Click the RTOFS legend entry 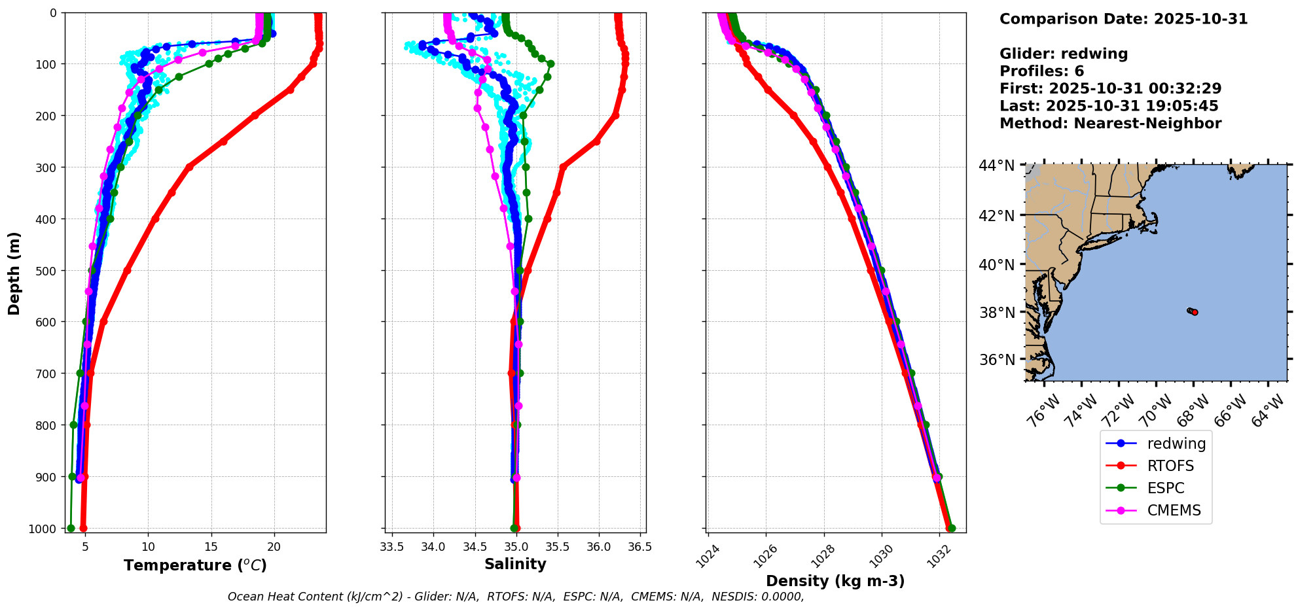(x=1170, y=466)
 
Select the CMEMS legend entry (x=1174, y=510)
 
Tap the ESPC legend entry (x=1166, y=488)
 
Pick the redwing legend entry (x=1176, y=444)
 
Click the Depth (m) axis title (x=14, y=273)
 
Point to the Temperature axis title (x=195, y=565)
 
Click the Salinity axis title (x=515, y=564)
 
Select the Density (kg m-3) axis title (x=835, y=581)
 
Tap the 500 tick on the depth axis (x=48, y=271)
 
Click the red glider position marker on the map (x=1195, y=313)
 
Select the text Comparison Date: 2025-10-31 (x=1123, y=19)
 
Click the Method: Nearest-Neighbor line (x=1110, y=124)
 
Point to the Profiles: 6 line (x=1041, y=71)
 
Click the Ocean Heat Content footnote (x=515, y=597)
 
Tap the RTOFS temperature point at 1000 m (x=83, y=528)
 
